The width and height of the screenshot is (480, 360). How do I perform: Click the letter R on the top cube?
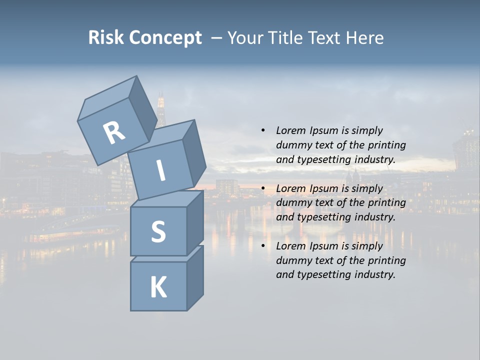point(114,133)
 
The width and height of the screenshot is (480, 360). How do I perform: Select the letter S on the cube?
point(158,231)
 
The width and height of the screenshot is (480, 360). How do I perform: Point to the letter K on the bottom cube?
point(158,287)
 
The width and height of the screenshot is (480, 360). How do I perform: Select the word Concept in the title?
point(165,38)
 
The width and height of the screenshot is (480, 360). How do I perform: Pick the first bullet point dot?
point(263,131)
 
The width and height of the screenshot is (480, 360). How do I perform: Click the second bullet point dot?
point(263,189)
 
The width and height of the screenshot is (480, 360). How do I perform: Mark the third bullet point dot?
point(263,246)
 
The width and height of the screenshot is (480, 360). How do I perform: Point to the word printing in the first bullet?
point(386,145)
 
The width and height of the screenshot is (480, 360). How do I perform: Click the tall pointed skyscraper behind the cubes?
point(161,107)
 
